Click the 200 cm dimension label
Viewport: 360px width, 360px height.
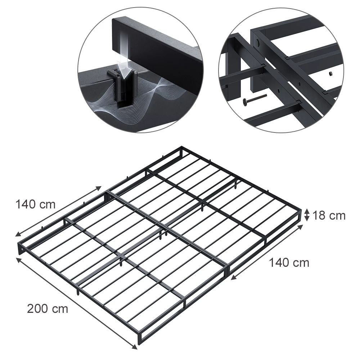click(48, 309)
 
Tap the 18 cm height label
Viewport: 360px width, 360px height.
click(329, 216)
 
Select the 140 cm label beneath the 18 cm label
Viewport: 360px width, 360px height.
click(289, 263)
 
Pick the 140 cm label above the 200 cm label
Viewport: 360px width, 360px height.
click(36, 204)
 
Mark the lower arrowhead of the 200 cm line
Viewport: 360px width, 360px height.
click(135, 347)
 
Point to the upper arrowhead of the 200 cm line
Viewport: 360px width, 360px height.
click(19, 260)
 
